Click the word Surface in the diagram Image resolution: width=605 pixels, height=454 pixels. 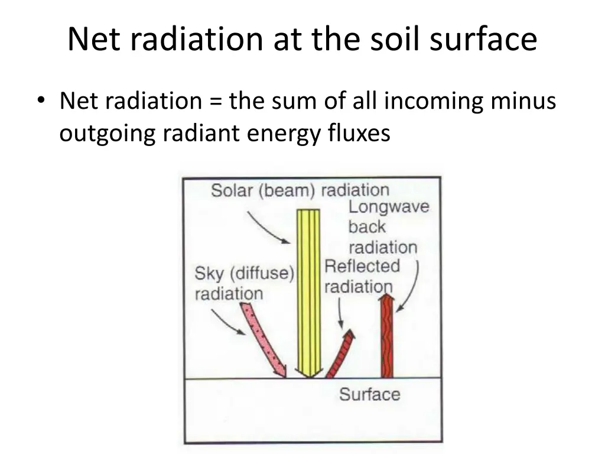[369, 394]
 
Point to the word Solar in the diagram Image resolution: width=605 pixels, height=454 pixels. [231, 190]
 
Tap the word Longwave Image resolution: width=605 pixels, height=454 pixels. [388, 207]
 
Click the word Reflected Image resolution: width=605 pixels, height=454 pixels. [362, 266]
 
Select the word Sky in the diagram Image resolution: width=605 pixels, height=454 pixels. [209, 274]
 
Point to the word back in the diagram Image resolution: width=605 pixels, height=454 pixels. [366, 227]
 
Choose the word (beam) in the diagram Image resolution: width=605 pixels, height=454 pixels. [285, 190]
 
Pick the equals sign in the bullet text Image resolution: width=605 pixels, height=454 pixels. [215, 102]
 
